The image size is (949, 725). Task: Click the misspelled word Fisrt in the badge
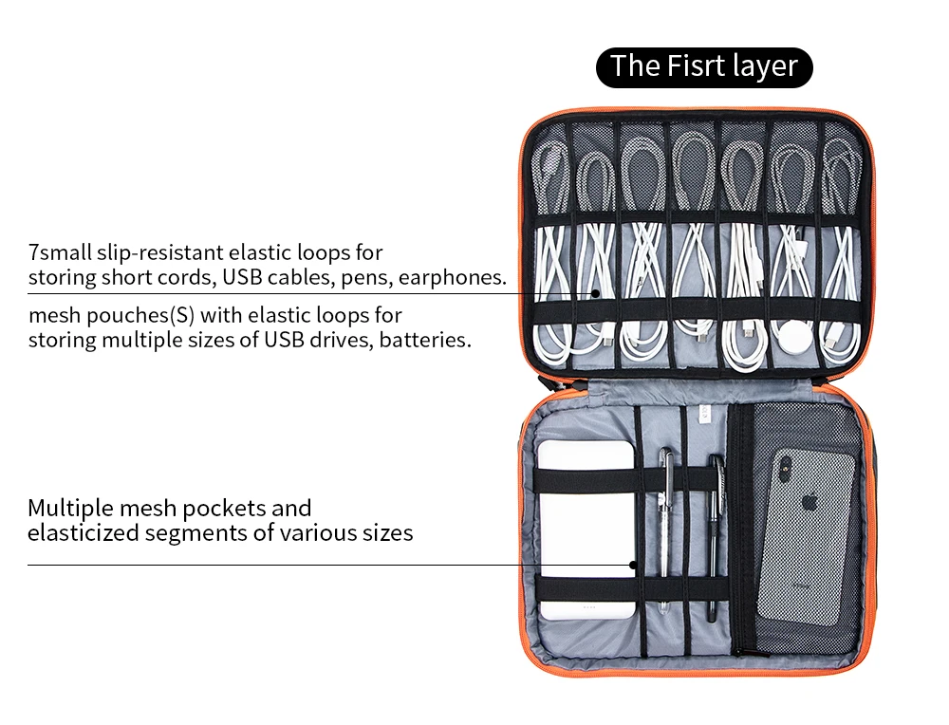click(x=697, y=66)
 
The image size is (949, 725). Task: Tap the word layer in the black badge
click(x=766, y=66)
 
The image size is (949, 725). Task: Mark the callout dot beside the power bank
click(x=633, y=566)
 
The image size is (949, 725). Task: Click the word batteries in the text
click(x=424, y=339)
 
